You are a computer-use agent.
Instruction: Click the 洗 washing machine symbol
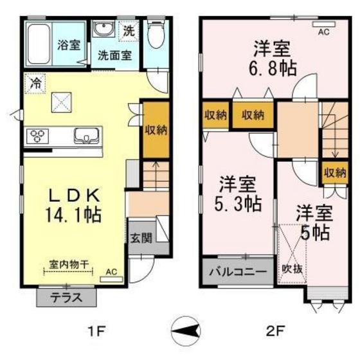tap(129, 30)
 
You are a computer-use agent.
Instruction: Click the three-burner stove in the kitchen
tap(38, 136)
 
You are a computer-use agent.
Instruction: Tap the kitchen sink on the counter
tap(85, 136)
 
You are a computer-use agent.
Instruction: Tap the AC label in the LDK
tap(111, 272)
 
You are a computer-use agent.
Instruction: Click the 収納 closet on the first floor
tap(155, 130)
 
